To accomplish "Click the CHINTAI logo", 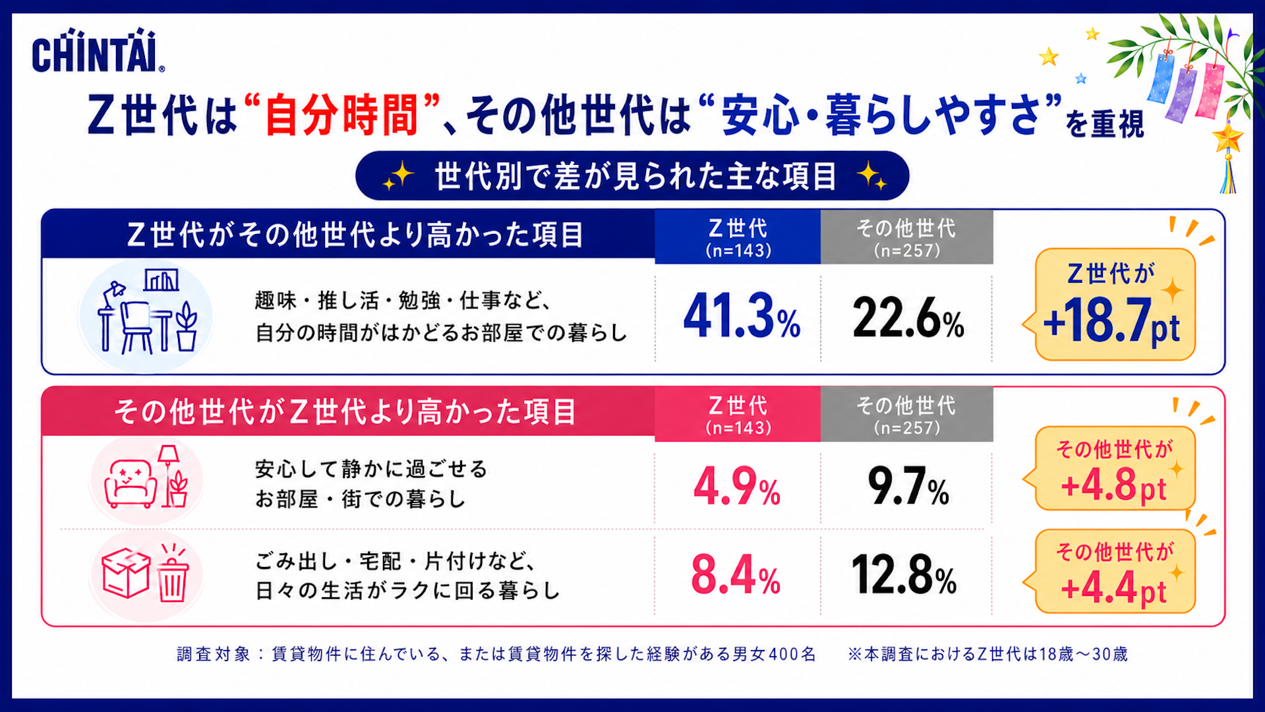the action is tap(98, 50).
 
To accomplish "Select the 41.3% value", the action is tap(742, 317).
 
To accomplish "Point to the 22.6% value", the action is tap(908, 318).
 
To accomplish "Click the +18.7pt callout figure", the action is tap(1111, 321).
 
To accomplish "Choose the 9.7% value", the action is tap(908, 487).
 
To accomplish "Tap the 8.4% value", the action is tap(736, 576).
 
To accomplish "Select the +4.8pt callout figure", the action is tap(1114, 485).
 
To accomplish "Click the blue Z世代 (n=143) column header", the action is tap(738, 237).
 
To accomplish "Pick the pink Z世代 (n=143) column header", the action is tap(738, 414).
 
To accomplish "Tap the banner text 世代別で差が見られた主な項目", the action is tap(635, 176).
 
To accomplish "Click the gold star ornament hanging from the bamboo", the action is tap(1228, 139).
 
